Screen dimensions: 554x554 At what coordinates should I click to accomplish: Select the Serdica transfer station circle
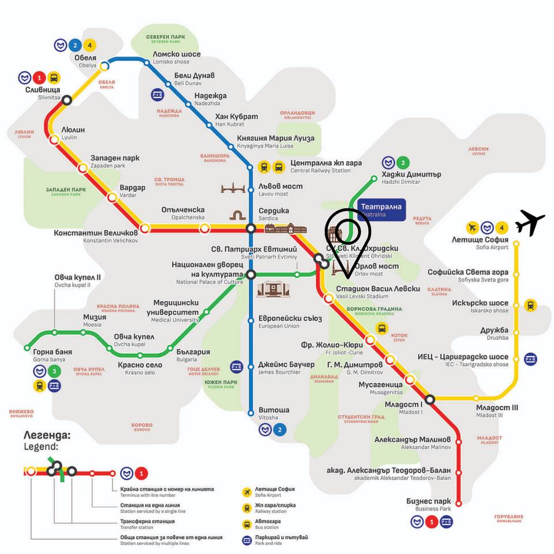[x=251, y=229]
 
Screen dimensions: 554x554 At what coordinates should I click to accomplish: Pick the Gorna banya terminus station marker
[x=27, y=348]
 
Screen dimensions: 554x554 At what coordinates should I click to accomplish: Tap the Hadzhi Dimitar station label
[x=411, y=177]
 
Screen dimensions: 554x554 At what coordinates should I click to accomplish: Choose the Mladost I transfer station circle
[x=430, y=399]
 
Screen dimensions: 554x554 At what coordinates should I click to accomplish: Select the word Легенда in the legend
[x=47, y=435]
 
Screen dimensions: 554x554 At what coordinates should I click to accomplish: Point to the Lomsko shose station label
[x=177, y=58]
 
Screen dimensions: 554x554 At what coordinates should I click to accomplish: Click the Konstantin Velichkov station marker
[x=145, y=229]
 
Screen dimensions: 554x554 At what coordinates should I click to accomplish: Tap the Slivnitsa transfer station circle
[x=67, y=100]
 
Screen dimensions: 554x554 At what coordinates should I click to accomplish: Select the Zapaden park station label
[x=115, y=161]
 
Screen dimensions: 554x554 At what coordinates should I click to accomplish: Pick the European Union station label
[x=290, y=321]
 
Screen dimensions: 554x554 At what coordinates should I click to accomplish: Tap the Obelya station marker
[x=105, y=66]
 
